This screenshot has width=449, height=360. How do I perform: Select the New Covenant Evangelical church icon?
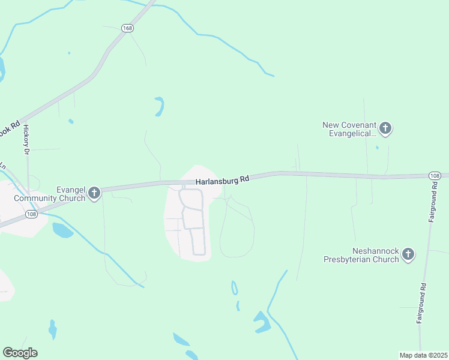pos(385,128)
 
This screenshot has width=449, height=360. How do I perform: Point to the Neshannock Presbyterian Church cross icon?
pos(408,254)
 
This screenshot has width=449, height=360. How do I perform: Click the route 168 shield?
pos(127,28)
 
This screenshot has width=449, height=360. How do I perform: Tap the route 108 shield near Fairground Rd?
pos(436,175)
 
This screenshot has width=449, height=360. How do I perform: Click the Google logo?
pos(20,352)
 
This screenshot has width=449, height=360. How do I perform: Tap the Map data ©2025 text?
pos(423,355)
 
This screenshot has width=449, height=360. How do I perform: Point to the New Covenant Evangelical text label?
pos(349,129)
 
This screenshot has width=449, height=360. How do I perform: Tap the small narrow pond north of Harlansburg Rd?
pos(159,106)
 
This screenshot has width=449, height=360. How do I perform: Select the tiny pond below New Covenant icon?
pos(377,147)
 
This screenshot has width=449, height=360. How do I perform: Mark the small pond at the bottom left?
pos(53,329)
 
